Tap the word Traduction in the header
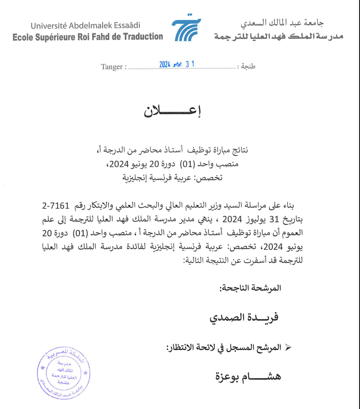click(143, 36)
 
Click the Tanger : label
click(113, 66)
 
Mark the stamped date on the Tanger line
click(177, 65)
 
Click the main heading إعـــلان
click(173, 111)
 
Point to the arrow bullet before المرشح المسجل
click(288, 348)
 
